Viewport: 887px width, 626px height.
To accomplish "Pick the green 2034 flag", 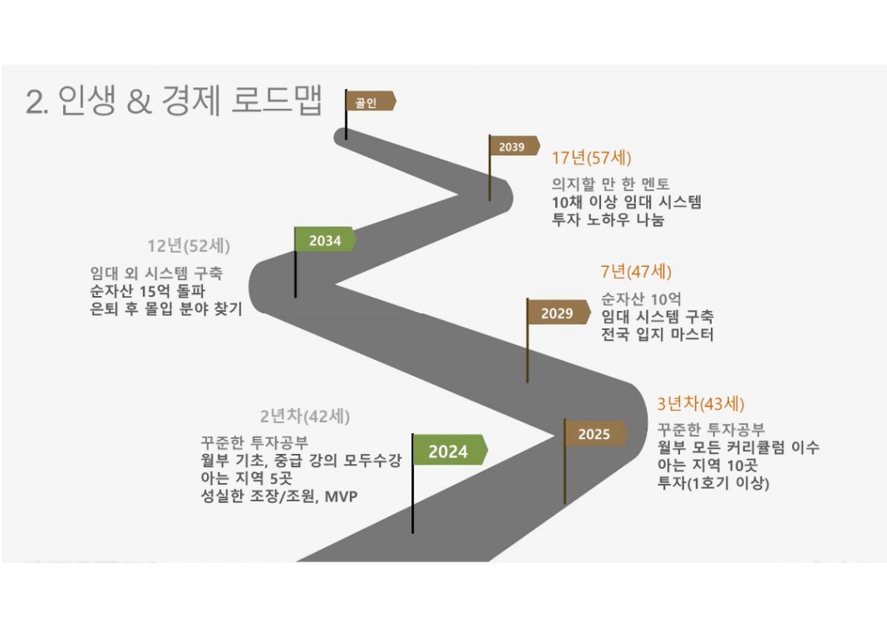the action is (x=325, y=239).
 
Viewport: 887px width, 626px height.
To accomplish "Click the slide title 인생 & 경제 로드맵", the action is (x=190, y=101).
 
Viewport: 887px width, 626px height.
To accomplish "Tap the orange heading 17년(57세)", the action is (x=591, y=158).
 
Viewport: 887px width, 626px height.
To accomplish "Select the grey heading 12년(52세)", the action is (x=189, y=246).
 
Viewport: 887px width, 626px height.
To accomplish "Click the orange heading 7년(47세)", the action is (x=636, y=272).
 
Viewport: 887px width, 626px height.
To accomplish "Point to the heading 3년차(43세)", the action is (x=700, y=404).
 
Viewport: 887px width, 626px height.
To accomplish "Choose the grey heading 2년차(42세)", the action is (x=305, y=417).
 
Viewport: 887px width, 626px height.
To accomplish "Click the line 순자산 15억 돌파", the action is (x=148, y=291).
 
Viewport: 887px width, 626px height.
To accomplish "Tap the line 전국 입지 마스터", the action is (x=657, y=334).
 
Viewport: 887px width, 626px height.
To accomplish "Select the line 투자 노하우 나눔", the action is (x=608, y=219).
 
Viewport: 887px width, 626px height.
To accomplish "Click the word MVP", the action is (x=341, y=496).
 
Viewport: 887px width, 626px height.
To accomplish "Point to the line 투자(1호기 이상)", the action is (x=712, y=483).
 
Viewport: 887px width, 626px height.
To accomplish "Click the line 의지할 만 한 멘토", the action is (x=610, y=184).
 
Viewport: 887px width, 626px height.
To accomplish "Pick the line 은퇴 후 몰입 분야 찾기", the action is (x=165, y=309).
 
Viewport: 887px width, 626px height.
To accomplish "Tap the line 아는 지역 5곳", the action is (x=246, y=478).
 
